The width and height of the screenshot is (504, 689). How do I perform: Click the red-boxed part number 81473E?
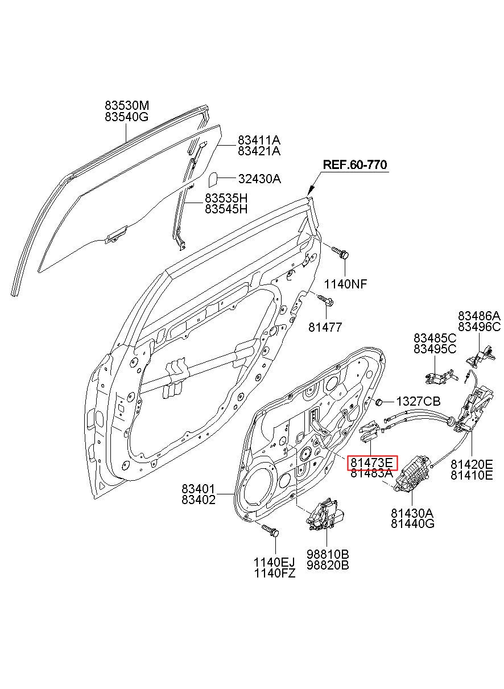coord(372,471)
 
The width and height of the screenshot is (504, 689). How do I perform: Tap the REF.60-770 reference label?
coord(355,165)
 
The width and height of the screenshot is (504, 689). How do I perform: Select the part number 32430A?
coord(259,179)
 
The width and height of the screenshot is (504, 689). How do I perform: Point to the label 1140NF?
coord(346,284)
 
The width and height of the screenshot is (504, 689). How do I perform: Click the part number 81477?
coord(325,327)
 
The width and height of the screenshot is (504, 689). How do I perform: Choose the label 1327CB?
coord(418,402)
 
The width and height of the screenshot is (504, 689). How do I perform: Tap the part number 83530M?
coord(127,105)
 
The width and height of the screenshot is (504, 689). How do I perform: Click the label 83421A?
coord(259,151)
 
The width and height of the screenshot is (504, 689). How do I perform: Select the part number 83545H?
coord(226,209)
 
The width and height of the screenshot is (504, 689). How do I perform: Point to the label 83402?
coord(199,500)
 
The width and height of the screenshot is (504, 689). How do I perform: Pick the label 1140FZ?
coord(275,573)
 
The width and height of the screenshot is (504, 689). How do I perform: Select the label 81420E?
coord(472,464)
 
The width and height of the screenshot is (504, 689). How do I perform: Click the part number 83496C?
coord(480,327)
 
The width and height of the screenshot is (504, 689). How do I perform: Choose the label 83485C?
coord(435,338)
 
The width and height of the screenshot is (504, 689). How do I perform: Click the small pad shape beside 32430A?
coord(213,180)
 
